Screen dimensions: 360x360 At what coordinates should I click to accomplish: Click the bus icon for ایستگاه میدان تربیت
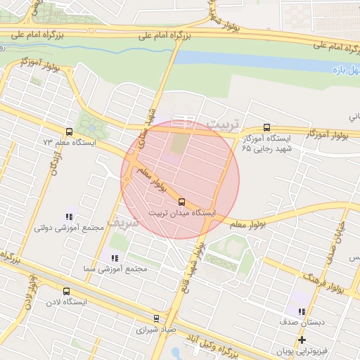(x=182, y=202)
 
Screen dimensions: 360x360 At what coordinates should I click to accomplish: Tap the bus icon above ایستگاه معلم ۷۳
(x=69, y=131)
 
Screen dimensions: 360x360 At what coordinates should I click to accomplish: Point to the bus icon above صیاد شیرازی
(x=157, y=318)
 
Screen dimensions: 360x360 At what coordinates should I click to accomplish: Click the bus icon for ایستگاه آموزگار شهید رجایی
(x=266, y=127)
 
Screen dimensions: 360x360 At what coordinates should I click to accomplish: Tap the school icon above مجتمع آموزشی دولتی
(x=68, y=217)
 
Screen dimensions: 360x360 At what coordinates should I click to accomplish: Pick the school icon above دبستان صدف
(x=302, y=311)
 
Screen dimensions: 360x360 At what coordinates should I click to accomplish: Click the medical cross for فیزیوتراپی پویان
(x=302, y=340)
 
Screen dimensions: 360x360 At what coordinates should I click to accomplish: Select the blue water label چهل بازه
(x=345, y=70)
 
